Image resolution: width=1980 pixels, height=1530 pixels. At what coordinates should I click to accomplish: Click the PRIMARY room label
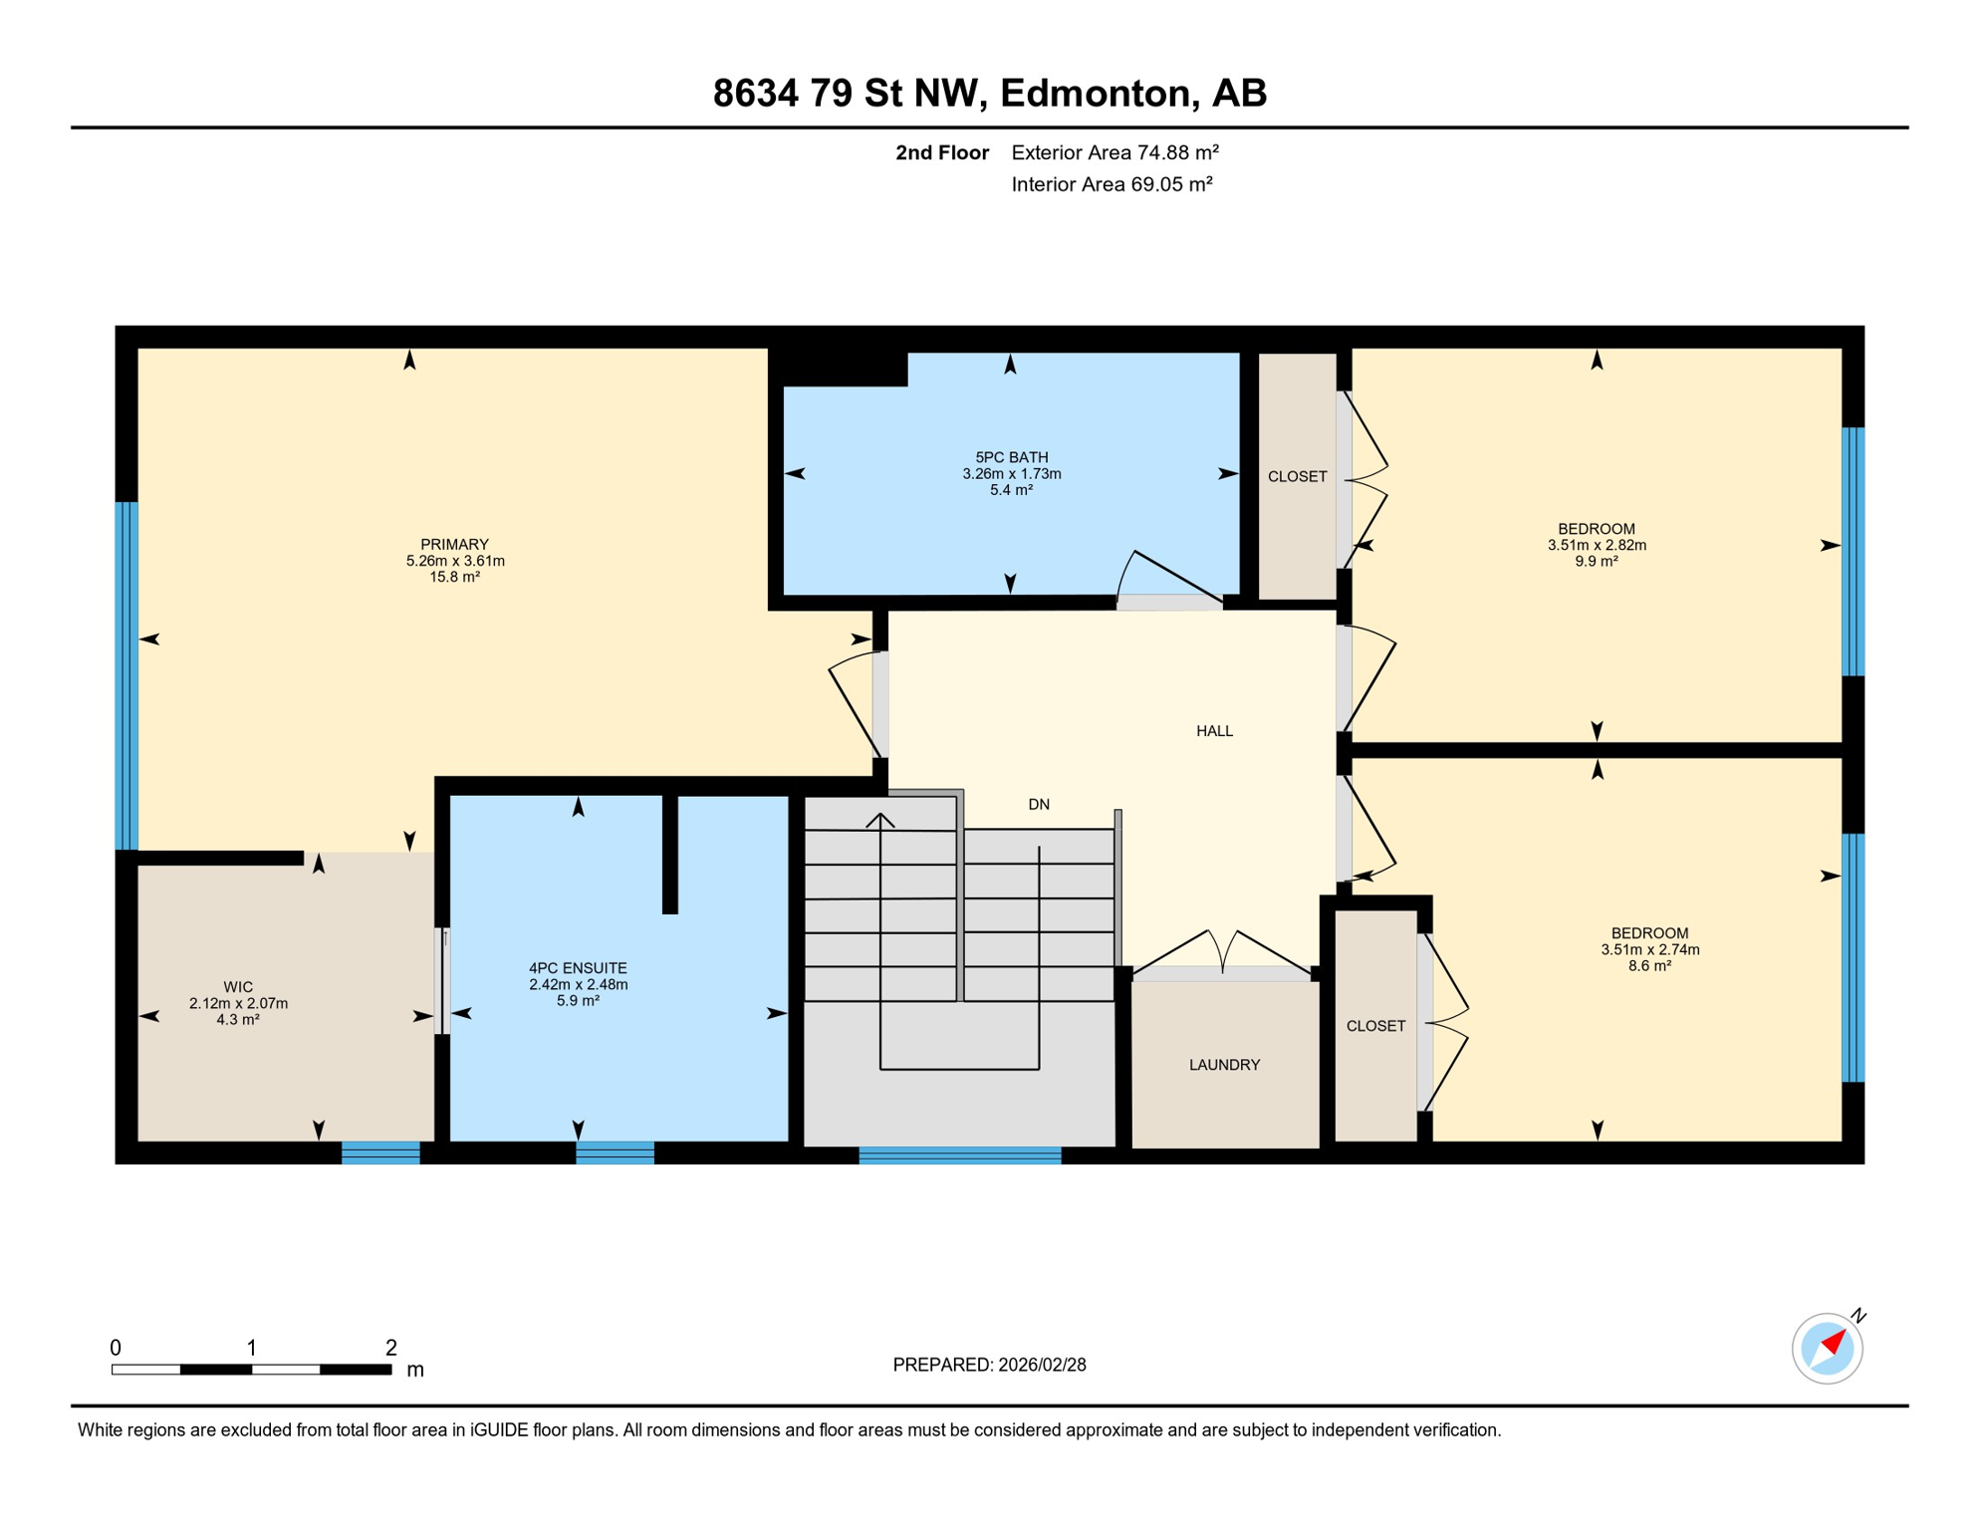coord(454,544)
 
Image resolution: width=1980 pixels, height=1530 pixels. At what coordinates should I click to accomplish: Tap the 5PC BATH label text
coord(1011,457)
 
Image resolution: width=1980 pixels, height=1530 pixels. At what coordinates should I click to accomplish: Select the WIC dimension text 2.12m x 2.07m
coord(238,1003)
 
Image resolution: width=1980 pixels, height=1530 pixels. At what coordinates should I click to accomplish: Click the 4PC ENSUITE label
coord(578,967)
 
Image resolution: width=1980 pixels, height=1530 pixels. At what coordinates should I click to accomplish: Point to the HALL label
coord(1214,731)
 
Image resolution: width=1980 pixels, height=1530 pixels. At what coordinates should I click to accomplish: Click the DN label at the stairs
coord(1039,804)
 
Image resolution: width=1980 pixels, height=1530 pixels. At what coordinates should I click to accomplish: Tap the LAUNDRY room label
coord(1224,1065)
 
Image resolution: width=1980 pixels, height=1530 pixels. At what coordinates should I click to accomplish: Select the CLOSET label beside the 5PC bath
coord(1297,476)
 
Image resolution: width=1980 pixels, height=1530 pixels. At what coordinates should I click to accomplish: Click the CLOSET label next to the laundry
coord(1375,1026)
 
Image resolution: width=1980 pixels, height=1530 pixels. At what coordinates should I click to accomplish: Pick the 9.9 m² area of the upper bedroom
coord(1596,561)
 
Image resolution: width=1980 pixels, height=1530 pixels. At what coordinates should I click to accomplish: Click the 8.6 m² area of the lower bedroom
coord(1649,965)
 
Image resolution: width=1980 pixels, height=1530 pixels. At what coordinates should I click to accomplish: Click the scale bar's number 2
coord(391,1348)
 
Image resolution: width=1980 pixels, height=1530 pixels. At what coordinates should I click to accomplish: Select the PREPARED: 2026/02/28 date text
coord(989,1365)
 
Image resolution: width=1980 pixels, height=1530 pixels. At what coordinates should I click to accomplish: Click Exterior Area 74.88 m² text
coord(1114,152)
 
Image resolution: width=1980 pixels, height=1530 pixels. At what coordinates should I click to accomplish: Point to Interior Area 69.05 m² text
coord(1112,184)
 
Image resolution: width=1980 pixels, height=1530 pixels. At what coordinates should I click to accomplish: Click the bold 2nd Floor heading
coord(941,152)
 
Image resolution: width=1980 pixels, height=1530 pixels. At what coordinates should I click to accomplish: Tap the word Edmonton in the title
coord(1096,93)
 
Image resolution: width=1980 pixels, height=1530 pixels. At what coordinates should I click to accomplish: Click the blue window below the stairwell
coord(959,1155)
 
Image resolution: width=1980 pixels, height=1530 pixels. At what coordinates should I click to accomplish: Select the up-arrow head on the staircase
coord(880,821)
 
